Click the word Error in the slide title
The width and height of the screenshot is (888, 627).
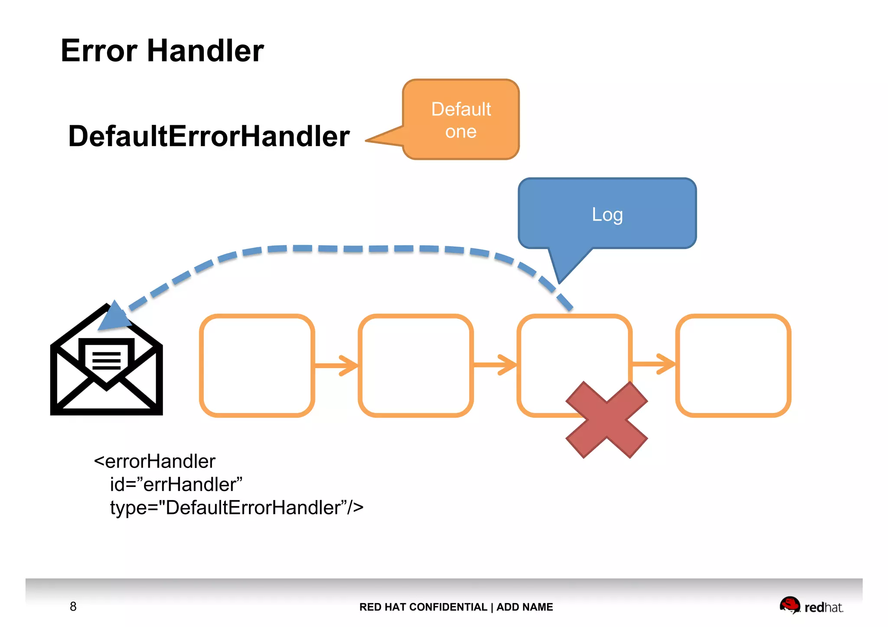99,51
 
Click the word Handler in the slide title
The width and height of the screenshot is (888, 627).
205,51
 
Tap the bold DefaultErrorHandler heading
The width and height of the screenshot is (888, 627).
209,136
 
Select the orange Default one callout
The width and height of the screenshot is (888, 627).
461,120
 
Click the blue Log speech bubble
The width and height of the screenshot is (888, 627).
607,214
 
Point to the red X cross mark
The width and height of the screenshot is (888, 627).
606,419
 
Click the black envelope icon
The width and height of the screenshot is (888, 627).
106,368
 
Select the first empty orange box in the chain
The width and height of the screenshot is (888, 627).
257,365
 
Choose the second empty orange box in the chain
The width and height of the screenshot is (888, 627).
415,365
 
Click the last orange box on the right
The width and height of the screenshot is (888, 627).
733,365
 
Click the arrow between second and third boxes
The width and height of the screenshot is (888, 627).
495,365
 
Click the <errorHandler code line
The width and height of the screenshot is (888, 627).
154,461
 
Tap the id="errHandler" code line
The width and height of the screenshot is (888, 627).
176,484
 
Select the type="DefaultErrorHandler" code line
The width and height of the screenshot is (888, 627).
236,507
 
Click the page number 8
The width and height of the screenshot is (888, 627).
73,606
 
